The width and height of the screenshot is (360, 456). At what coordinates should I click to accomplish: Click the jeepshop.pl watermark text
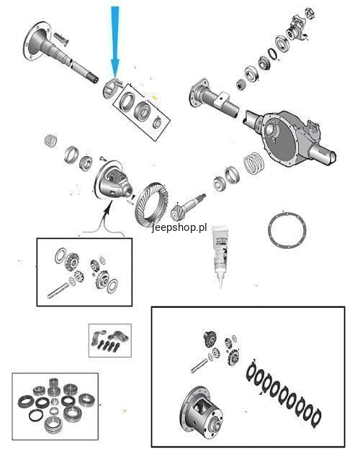179,228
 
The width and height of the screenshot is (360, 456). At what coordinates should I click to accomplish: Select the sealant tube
220,257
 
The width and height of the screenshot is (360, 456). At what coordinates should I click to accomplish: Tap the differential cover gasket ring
287,230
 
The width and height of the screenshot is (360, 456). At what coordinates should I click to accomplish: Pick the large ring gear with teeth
152,204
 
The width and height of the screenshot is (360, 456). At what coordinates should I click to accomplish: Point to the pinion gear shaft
189,205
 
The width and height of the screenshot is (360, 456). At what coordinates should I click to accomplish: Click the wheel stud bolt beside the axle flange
60,39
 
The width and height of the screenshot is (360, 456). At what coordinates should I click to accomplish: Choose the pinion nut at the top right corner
310,13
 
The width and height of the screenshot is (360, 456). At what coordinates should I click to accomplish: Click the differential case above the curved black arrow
113,181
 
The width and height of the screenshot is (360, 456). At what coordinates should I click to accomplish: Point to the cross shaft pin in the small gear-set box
58,291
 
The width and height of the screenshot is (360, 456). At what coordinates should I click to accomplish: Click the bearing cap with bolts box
109,340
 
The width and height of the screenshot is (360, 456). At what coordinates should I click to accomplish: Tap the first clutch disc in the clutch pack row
252,371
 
